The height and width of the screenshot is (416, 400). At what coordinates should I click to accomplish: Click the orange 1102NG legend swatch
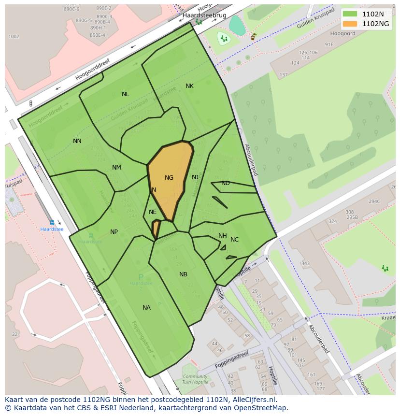tap(350, 24)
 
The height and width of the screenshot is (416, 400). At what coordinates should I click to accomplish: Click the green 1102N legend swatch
tap(350, 14)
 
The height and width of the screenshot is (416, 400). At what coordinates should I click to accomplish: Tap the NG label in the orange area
tap(169, 178)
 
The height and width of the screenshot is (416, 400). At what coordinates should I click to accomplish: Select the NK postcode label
tap(189, 86)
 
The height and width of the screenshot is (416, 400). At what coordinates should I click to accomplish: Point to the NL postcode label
tap(125, 94)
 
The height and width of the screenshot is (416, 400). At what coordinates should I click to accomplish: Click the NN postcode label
tap(77, 141)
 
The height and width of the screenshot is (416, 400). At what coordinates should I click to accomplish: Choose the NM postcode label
tap(116, 168)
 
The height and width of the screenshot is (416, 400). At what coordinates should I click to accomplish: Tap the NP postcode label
tap(114, 232)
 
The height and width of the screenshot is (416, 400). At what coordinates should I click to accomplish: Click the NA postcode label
tap(146, 308)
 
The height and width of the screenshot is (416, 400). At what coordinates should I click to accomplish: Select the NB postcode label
tap(183, 274)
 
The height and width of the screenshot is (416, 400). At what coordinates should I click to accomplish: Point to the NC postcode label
tap(234, 240)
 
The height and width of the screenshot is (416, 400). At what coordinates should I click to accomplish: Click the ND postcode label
tap(225, 183)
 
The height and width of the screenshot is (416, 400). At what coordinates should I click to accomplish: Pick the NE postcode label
tap(153, 212)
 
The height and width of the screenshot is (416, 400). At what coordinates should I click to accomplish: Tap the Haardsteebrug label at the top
tap(204, 15)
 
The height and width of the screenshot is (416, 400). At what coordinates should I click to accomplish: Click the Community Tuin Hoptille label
tap(195, 379)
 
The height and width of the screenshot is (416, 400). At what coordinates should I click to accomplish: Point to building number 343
tap(305, 263)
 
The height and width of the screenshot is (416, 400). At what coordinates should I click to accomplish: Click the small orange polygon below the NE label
tap(156, 229)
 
